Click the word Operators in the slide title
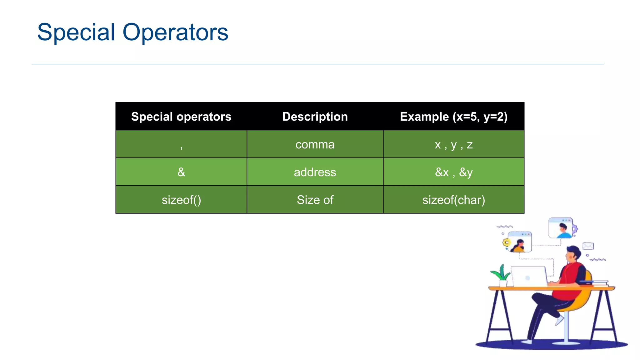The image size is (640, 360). [x=175, y=32]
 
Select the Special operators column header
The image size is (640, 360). [x=181, y=117]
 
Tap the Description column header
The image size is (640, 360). [x=315, y=117]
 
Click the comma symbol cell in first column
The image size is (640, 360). [x=181, y=145]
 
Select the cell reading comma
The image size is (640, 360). [x=315, y=145]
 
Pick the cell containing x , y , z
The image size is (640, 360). [x=453, y=145]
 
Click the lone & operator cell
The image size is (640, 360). [x=181, y=172]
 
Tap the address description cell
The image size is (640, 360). [x=315, y=172]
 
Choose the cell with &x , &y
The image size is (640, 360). [x=453, y=172]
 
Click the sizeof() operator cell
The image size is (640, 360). [x=181, y=200]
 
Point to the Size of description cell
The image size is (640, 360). [x=315, y=200]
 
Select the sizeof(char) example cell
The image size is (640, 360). [x=453, y=200]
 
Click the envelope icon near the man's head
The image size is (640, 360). [x=588, y=246]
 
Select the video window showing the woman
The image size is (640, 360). [x=519, y=242]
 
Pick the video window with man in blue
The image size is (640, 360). [x=561, y=228]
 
